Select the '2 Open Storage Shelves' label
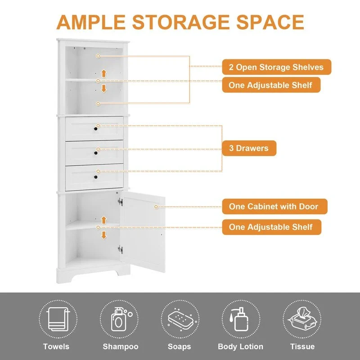[x=276, y=67]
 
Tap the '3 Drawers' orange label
[x=249, y=148]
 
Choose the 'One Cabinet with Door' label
[x=274, y=207]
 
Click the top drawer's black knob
[x=96, y=129]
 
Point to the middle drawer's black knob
[x=96, y=153]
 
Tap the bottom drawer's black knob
[x=96, y=178]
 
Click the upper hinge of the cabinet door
[x=120, y=202]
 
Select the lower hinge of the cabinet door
[x=120, y=248]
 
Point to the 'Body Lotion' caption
[x=240, y=346]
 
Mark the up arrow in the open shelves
[x=104, y=73]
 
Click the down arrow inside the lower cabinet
[x=104, y=234]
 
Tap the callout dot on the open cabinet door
[x=156, y=207]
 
